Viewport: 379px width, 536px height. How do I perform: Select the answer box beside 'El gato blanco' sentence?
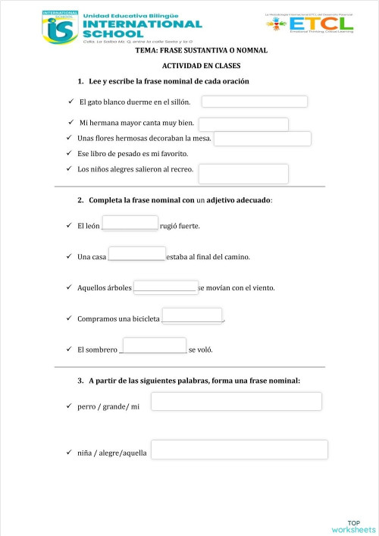(254, 102)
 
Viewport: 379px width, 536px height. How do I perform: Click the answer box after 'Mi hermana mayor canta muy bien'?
(243, 124)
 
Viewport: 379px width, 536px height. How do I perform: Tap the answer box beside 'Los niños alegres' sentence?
(243, 174)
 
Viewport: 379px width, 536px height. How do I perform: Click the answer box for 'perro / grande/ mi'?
(236, 402)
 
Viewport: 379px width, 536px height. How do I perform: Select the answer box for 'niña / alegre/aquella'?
(240, 450)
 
